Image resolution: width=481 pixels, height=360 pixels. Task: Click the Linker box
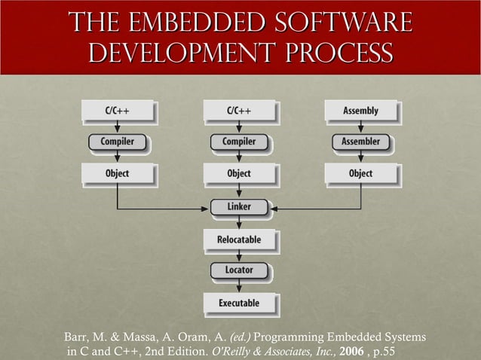(239, 206)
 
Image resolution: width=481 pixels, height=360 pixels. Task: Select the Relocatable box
(239, 239)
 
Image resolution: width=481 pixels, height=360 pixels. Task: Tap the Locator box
(239, 270)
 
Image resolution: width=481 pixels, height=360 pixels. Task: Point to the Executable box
(239, 303)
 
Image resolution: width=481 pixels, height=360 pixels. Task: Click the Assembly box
(360, 111)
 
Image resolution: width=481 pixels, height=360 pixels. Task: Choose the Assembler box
(360, 141)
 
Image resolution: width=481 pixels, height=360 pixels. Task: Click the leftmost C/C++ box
(117, 111)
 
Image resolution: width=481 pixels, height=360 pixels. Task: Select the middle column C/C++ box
(239, 111)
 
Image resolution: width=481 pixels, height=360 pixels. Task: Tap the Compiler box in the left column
(117, 141)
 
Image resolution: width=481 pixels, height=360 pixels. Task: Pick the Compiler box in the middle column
(239, 141)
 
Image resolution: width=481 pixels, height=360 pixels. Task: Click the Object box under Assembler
(360, 173)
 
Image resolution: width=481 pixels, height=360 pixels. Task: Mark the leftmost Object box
(117, 173)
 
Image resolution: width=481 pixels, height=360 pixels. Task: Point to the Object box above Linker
(239, 173)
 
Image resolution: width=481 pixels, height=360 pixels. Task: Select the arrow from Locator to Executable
(239, 285)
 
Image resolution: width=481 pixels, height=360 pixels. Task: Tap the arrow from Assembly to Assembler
(360, 127)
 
